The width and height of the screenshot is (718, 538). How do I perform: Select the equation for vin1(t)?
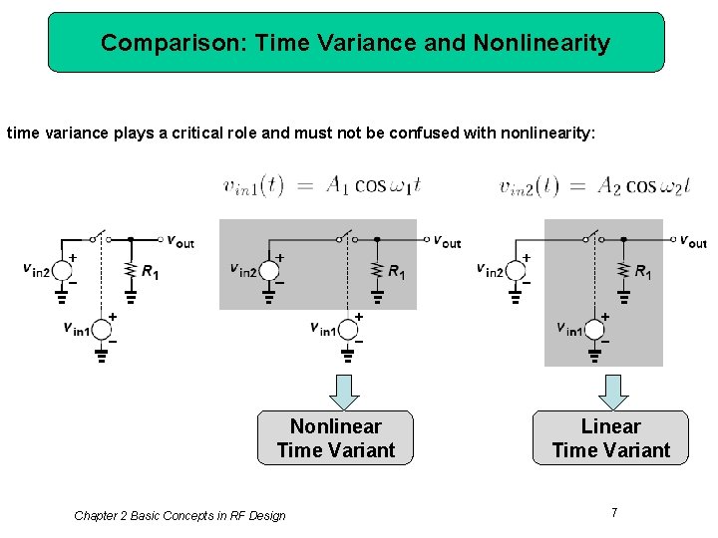(x=325, y=185)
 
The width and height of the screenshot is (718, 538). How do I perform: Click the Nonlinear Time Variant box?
(x=335, y=437)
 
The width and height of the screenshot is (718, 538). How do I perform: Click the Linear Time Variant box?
(x=610, y=437)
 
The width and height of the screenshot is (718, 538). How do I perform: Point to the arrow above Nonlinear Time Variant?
(x=342, y=391)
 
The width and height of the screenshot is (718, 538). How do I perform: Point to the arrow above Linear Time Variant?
(x=612, y=391)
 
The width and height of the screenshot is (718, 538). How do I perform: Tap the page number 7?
(x=614, y=512)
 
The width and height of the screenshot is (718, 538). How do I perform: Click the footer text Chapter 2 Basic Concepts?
(x=179, y=515)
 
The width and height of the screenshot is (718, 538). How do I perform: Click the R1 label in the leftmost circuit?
(x=151, y=272)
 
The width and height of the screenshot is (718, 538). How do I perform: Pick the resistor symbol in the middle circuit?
(x=376, y=271)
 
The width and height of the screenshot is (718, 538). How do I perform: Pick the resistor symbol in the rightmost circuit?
(x=623, y=271)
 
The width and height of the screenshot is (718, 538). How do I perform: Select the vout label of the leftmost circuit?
(x=180, y=241)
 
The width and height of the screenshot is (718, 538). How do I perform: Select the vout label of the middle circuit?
(x=447, y=241)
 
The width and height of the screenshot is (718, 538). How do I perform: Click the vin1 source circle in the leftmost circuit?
(x=101, y=330)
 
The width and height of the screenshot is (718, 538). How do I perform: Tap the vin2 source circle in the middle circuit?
(x=267, y=269)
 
